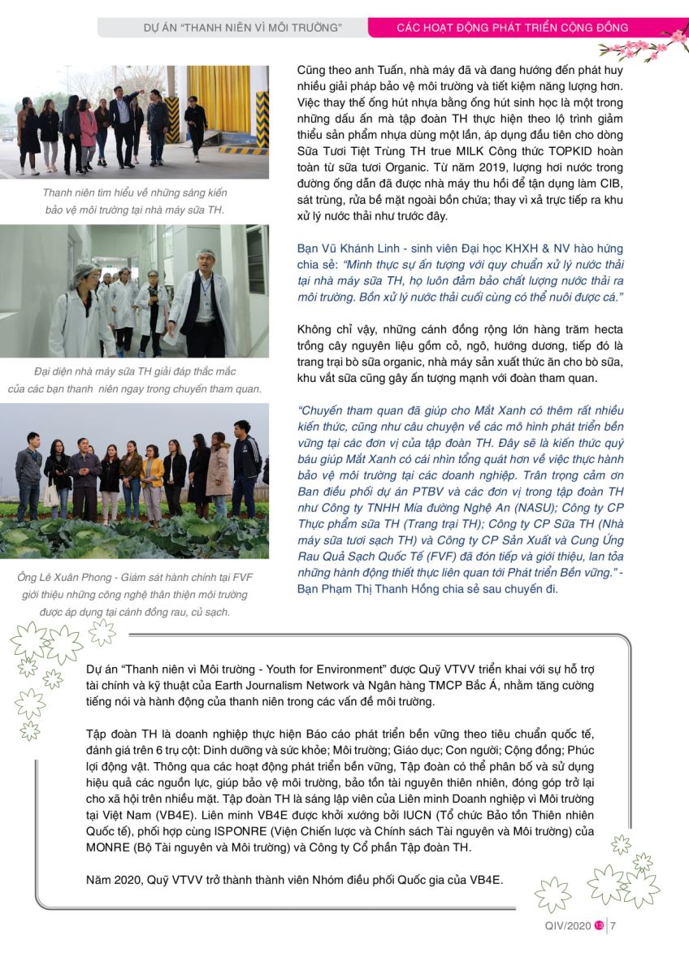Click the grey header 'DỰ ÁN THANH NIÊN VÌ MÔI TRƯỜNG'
[231, 28]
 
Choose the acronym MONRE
[110, 847]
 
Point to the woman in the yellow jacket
[153, 479]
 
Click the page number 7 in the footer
[613, 925]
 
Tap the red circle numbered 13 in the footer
[599, 925]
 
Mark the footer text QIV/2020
[568, 925]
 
